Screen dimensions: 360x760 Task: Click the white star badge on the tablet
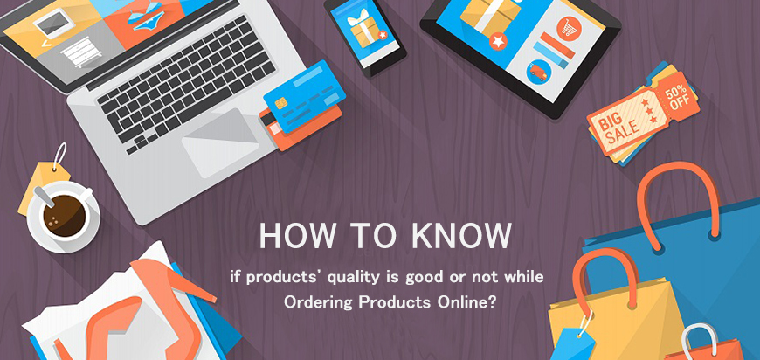point(497,41)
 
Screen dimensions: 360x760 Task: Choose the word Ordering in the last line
point(315,303)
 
